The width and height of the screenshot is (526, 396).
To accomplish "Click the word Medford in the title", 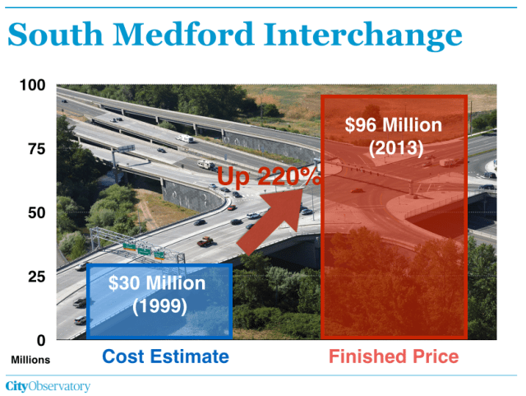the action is pos(183,34).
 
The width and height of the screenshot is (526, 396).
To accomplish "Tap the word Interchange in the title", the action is pos(362,36).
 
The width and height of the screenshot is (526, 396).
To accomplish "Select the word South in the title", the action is pos(55,34).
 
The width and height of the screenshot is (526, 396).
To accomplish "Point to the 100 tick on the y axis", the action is pos(33,85).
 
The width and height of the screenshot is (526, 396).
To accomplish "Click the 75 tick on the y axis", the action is pos(36,149).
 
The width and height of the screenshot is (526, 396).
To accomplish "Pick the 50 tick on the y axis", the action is pos(36,212).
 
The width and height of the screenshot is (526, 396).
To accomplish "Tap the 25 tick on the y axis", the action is pos(36,277).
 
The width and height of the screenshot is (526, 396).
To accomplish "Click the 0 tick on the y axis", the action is pos(41,341).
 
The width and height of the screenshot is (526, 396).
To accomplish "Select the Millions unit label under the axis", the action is pos(30,360).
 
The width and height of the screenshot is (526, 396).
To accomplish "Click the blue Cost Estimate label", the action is pos(166,356).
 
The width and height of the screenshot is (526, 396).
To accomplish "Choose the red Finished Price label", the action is pos(394,356).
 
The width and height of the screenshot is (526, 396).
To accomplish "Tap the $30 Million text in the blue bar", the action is pos(157,283).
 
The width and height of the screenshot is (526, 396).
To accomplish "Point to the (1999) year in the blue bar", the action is pos(159,306).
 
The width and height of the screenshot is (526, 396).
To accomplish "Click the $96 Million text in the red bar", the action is pos(394,125).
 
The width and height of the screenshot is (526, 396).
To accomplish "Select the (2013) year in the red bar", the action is pos(396,148).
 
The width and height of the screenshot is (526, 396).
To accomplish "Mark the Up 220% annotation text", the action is pos(269,176).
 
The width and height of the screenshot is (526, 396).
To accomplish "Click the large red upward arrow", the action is pos(270,221).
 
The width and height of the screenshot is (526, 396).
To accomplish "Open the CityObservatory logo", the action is pos(48,386).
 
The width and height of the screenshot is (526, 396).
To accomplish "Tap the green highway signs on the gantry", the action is pos(145,251).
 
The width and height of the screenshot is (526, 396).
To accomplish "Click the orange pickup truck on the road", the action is pos(205,241).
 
